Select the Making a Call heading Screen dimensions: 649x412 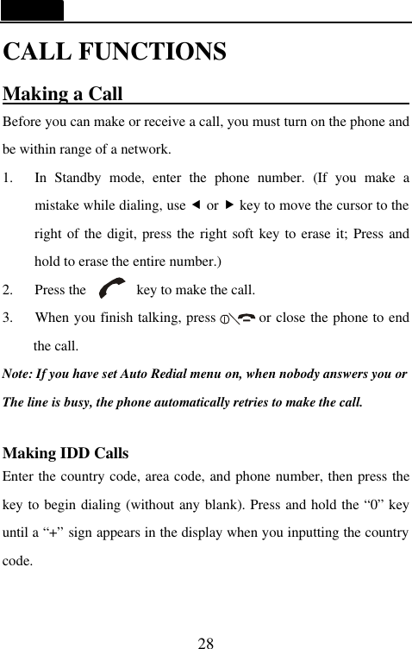pyautogui.click(x=63, y=93)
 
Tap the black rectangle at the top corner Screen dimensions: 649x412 pyautogui.click(x=32, y=10)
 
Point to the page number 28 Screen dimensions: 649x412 pyautogui.click(x=205, y=642)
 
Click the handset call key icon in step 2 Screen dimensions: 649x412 pyautogui.click(x=112, y=289)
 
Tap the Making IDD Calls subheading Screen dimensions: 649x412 pyautogui.click(x=66, y=453)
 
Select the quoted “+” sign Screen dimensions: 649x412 pyautogui.click(x=53, y=532)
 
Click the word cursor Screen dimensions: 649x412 pyautogui.click(x=351, y=205)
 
